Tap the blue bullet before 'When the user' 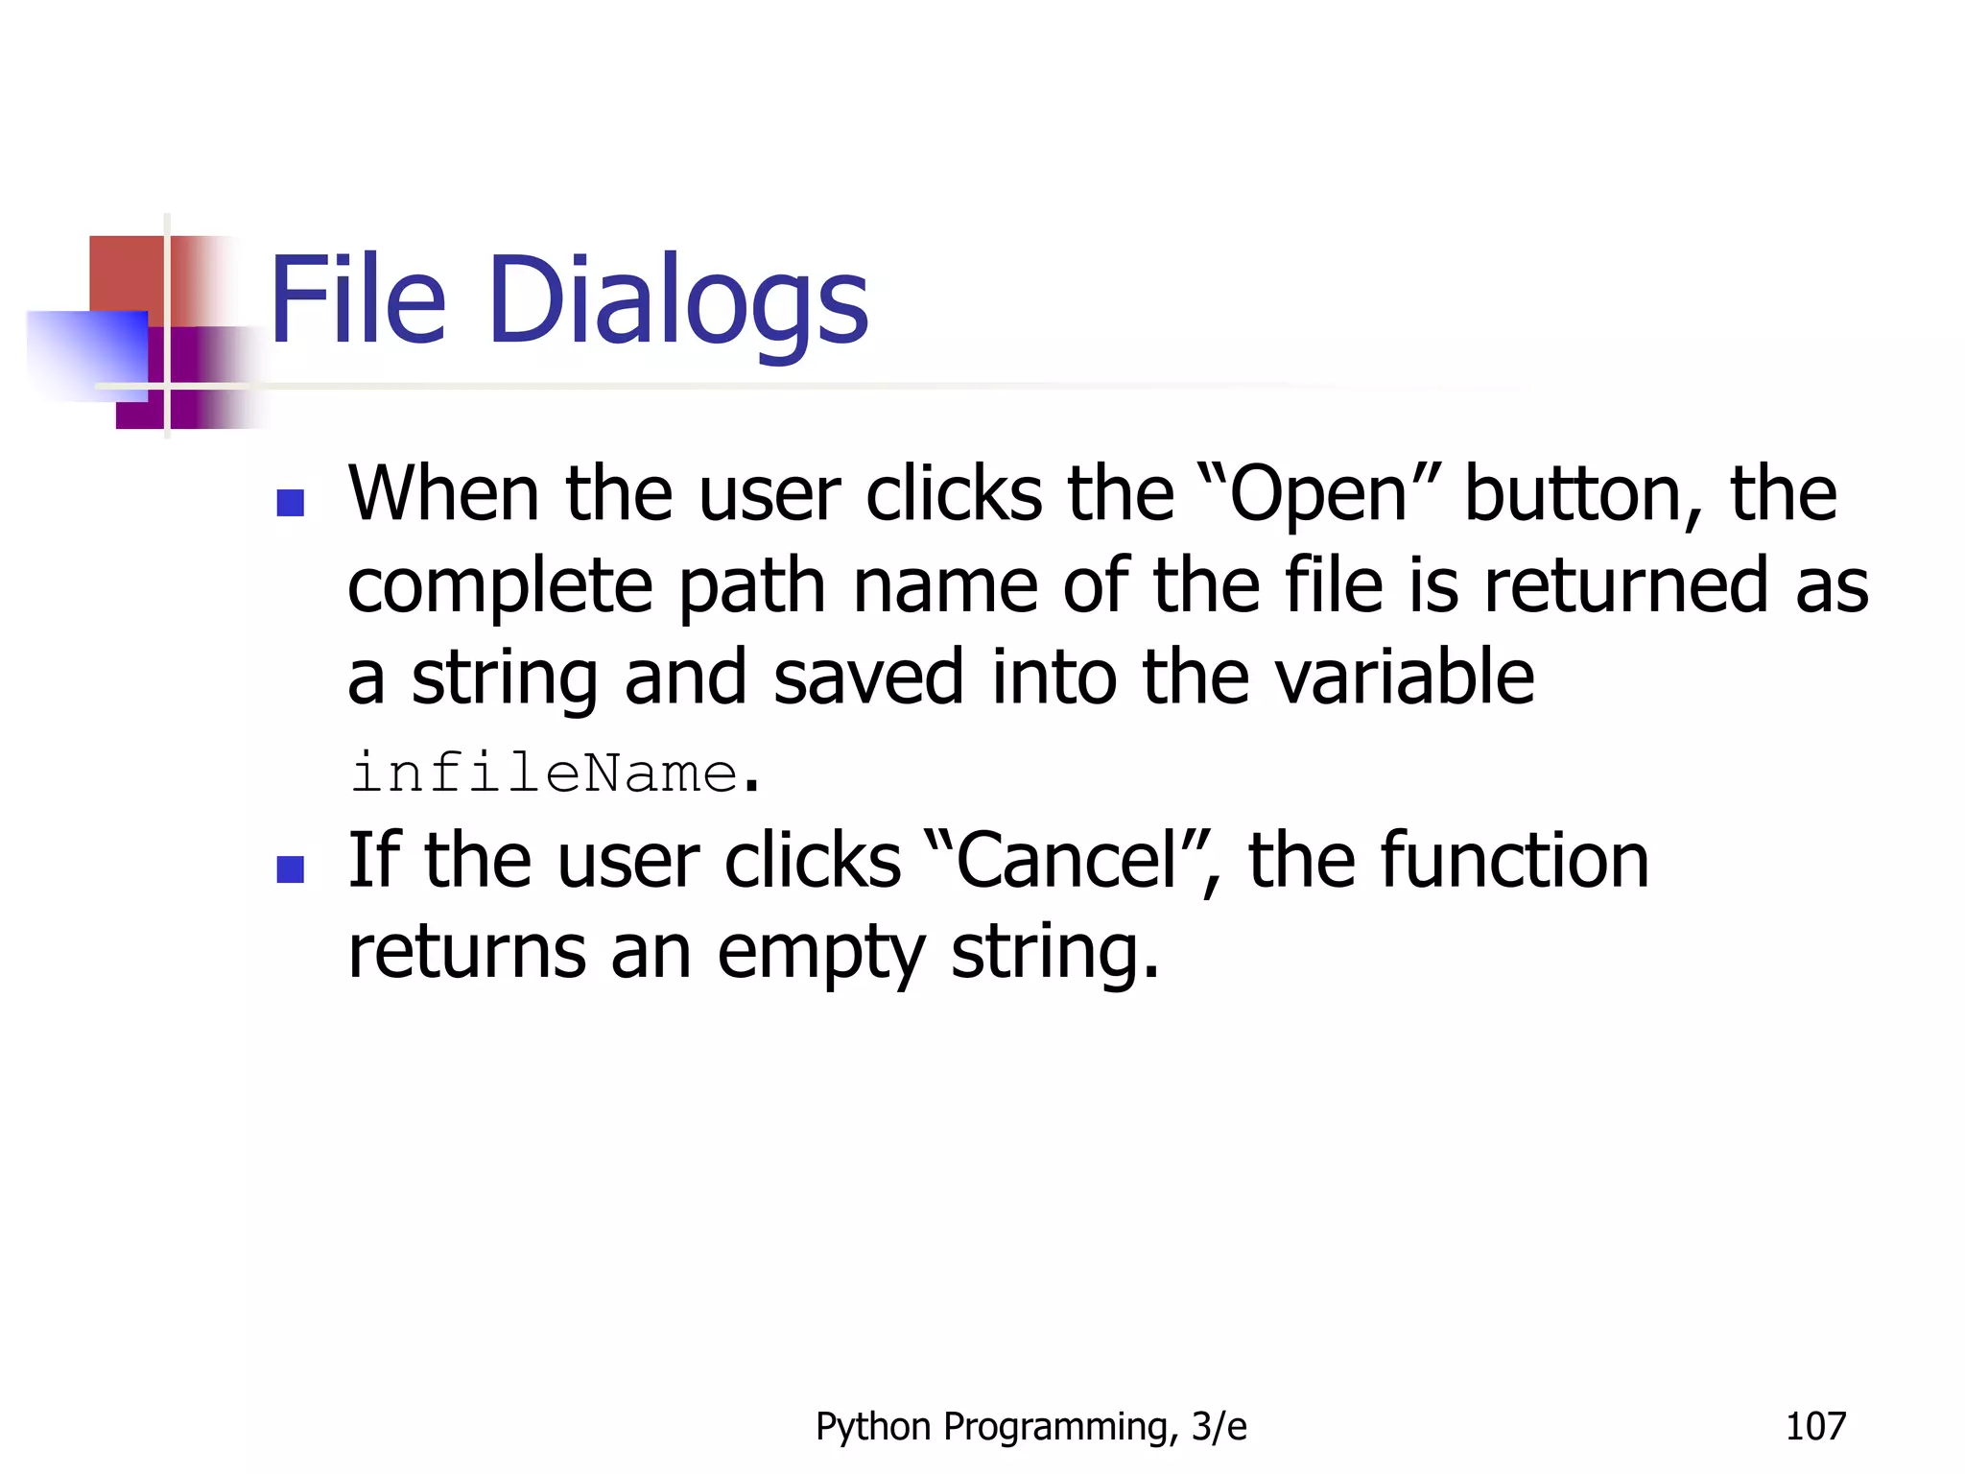(x=290, y=502)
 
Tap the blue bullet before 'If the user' (x=290, y=868)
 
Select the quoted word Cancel (x=1066, y=861)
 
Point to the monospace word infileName (x=544, y=773)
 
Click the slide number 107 (x=1814, y=1426)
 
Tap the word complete (x=499, y=587)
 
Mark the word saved (x=867, y=678)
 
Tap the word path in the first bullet (x=752, y=587)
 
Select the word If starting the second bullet (x=373, y=860)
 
